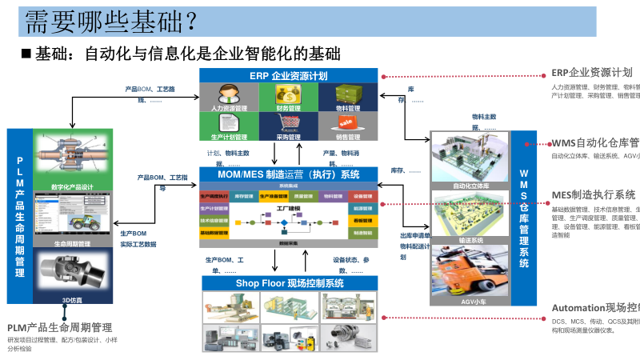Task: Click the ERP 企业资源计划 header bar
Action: [x=288, y=75]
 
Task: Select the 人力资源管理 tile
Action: [x=228, y=98]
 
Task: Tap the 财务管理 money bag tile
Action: [x=287, y=98]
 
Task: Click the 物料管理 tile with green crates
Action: [x=346, y=98]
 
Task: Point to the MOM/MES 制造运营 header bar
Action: [x=288, y=174]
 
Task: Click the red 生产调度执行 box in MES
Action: [x=214, y=196]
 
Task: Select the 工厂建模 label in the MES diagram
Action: [x=287, y=207]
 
